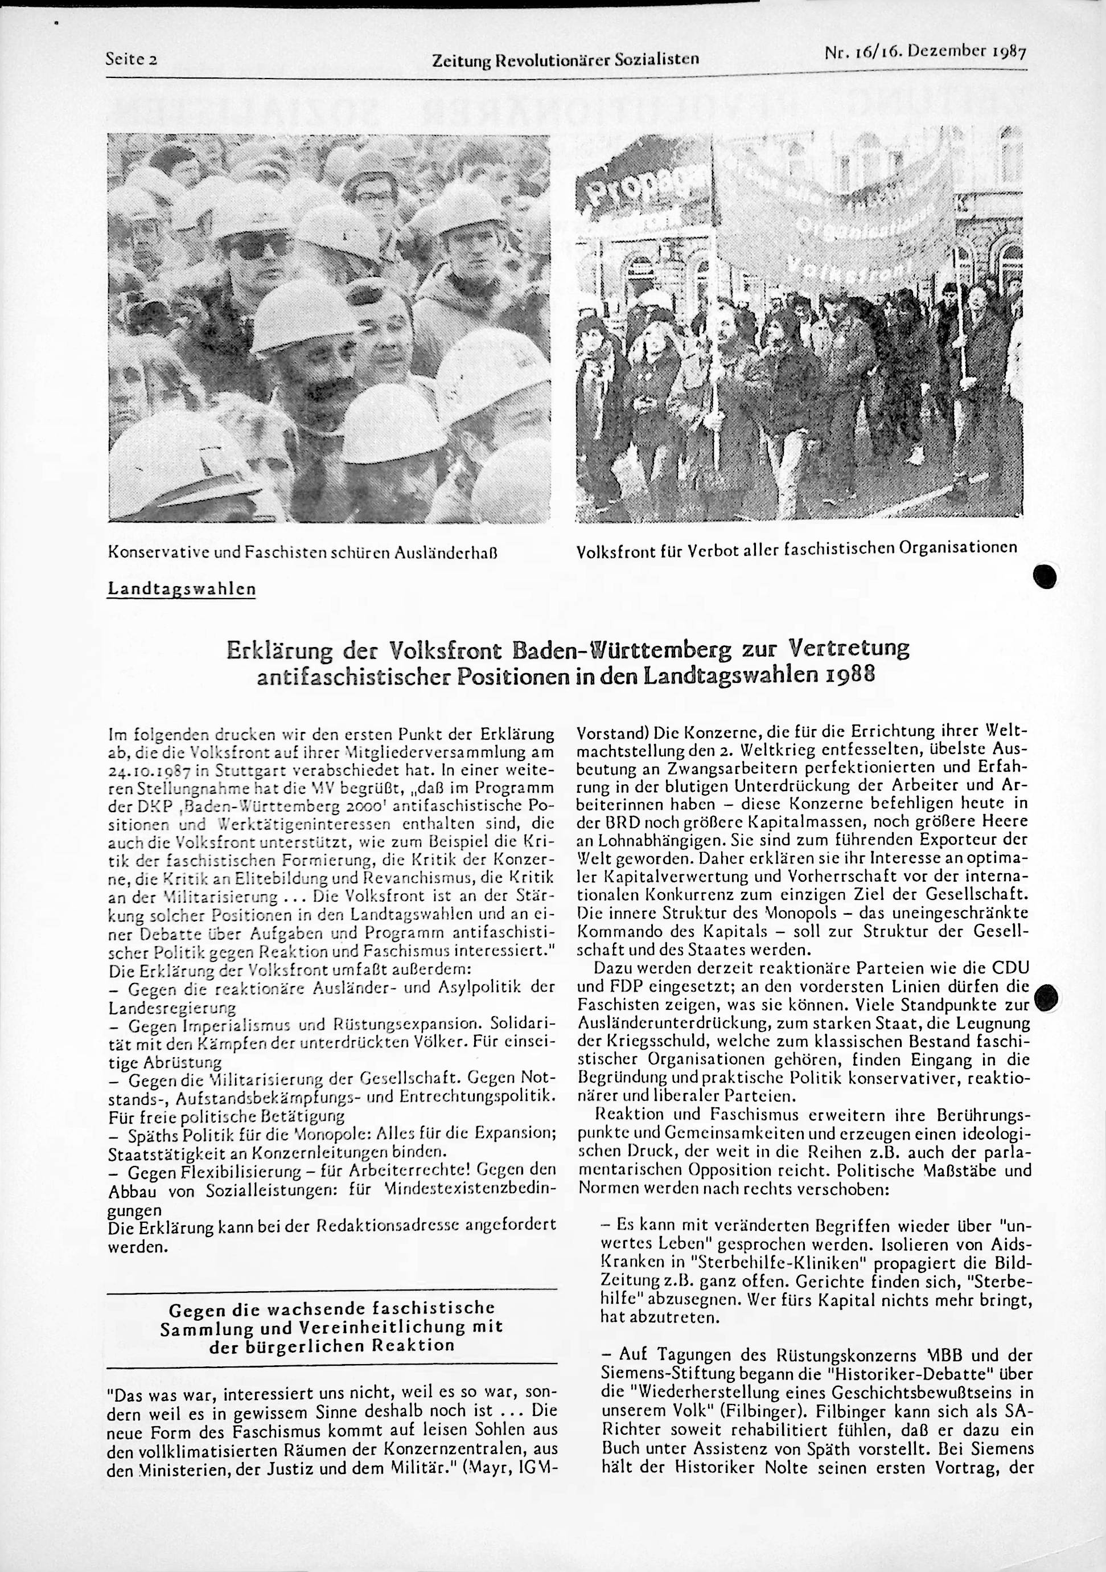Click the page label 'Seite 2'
coord(132,59)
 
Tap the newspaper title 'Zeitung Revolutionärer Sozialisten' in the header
coord(565,59)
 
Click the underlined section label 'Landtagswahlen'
coord(182,589)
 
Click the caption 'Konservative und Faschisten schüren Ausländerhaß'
coord(302,550)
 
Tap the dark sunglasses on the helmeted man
coord(254,244)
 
